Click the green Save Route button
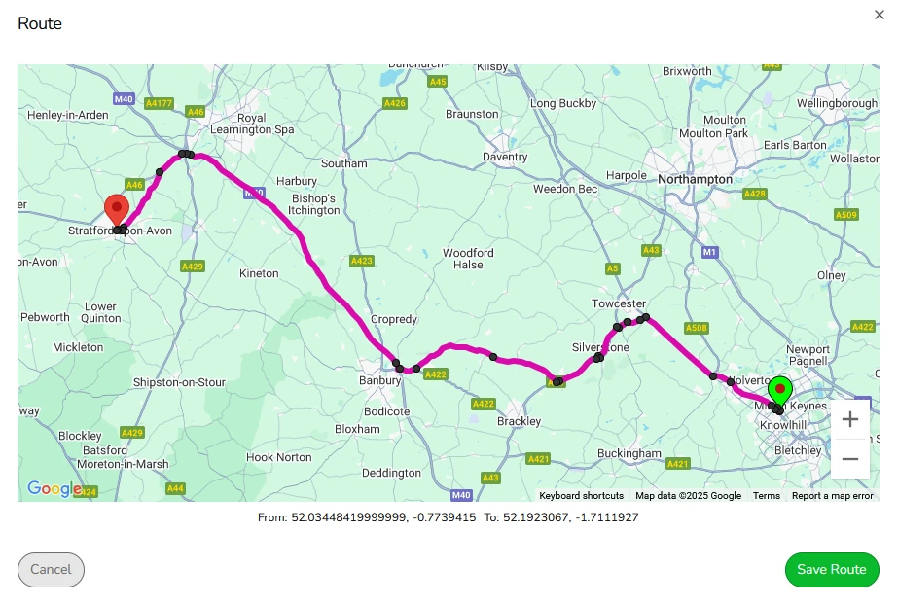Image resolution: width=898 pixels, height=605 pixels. coord(831,570)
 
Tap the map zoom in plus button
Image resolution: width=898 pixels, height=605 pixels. coord(850,419)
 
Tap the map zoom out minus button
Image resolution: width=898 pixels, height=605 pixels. coord(850,459)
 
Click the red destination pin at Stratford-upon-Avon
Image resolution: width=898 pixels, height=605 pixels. coord(117,211)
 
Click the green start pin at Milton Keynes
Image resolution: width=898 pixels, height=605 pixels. coord(779,391)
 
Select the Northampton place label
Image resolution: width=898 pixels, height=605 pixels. coord(695,180)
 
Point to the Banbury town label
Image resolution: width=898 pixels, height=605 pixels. coord(379,380)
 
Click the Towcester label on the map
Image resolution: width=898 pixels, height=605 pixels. coord(619,304)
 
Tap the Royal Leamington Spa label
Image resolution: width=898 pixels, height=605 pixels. coord(252,124)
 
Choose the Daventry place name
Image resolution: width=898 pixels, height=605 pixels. coord(505,157)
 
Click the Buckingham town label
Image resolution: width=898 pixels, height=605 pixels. coord(629,453)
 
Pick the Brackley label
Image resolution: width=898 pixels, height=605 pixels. coord(519,421)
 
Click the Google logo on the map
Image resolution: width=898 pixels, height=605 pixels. coord(54,489)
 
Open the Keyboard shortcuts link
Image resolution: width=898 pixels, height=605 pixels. coord(581,496)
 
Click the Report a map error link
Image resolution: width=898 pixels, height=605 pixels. coord(832,496)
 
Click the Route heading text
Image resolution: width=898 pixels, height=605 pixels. coord(40,24)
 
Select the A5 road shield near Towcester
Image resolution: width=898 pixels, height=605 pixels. coord(612,267)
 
